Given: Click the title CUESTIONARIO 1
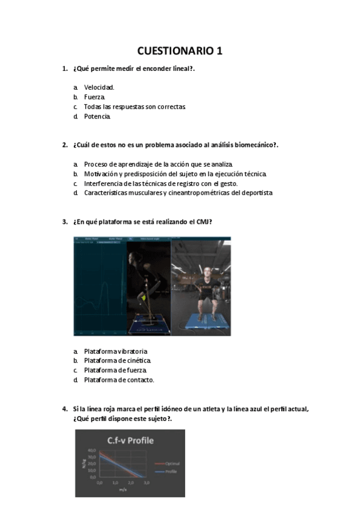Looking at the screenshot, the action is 180,51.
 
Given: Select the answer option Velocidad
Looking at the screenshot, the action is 99,87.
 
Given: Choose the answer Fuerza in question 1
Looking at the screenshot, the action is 94,97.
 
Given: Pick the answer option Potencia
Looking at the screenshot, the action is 97,116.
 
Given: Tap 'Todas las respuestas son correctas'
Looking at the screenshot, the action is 135,106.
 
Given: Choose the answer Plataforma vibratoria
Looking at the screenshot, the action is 115,351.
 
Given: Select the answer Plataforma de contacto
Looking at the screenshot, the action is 119,380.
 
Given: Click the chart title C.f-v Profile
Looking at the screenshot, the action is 130,440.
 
